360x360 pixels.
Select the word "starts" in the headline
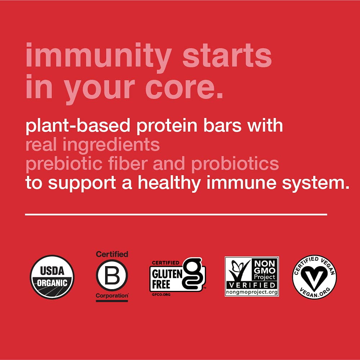[x=228, y=56]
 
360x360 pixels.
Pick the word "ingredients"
[x=111, y=145]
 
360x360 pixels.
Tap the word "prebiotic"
[x=64, y=164]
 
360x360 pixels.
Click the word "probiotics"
[x=235, y=164]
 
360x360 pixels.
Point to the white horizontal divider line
[x=176, y=214]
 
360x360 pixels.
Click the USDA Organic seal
[x=52, y=277]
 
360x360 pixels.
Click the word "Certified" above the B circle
[x=112, y=254]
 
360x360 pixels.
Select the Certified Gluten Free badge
[x=177, y=277]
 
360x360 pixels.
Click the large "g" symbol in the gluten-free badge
[x=193, y=274]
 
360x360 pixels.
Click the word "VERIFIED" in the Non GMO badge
[x=252, y=286]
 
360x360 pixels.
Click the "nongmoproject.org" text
[x=252, y=292]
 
